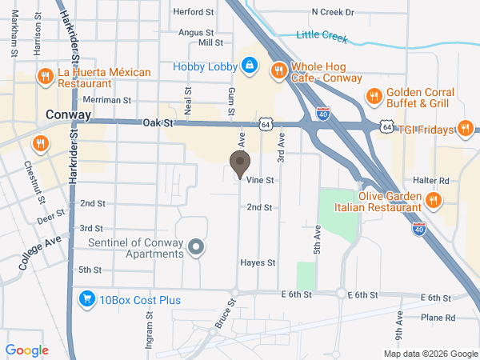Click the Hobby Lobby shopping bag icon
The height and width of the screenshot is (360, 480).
point(250,64)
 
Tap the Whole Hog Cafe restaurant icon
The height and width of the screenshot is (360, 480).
point(279,70)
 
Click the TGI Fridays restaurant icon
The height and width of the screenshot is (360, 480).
point(464,128)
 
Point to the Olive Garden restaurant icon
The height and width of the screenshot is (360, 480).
point(433,200)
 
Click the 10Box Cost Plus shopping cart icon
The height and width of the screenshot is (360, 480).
point(86,299)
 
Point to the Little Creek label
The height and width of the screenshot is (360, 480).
point(323,35)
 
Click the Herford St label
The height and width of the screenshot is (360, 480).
point(195,13)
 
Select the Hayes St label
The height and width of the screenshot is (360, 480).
point(258,262)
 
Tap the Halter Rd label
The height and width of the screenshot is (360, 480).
point(431,181)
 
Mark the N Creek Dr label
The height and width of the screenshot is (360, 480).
point(332,13)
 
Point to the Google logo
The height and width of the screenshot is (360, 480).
point(26,350)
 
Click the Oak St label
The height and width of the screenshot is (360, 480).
point(158,123)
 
